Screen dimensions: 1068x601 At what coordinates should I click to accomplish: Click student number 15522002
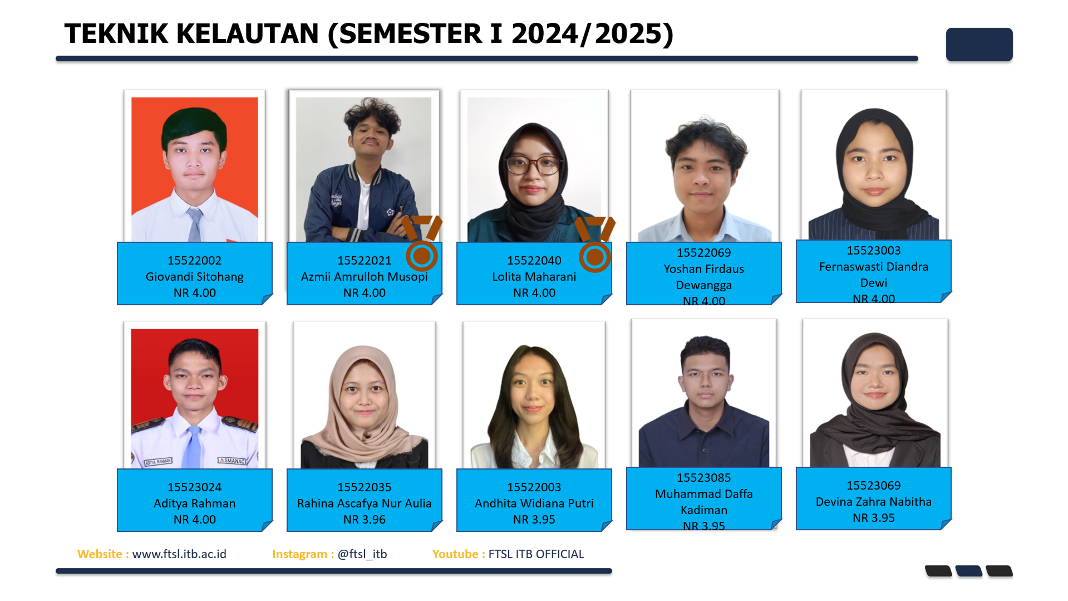tap(194, 261)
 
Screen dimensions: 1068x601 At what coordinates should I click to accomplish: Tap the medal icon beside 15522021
tap(421, 243)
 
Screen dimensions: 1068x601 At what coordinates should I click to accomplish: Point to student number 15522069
tap(703, 253)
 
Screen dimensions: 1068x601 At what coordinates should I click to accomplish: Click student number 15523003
tap(873, 251)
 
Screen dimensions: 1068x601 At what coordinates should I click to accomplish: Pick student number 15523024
tap(194, 487)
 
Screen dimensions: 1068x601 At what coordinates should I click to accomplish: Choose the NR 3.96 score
tap(364, 520)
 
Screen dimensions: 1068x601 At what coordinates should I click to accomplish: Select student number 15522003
tap(534, 487)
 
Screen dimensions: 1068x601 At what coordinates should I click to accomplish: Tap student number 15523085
tap(703, 478)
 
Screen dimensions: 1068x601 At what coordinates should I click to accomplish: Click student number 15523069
tap(873, 486)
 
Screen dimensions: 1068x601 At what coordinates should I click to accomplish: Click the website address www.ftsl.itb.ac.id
tap(179, 554)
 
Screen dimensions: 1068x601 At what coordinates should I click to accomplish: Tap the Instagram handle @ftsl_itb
tap(362, 554)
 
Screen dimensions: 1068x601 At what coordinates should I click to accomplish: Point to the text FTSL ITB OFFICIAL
tap(536, 554)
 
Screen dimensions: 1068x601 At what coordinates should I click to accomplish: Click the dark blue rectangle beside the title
tap(979, 45)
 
